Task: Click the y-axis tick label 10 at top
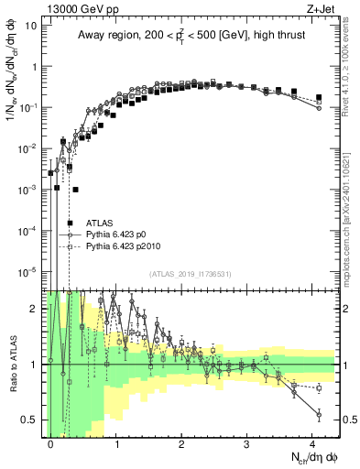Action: pyautogui.click(x=30, y=26)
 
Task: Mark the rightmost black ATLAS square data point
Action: pyautogui.click(x=319, y=97)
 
